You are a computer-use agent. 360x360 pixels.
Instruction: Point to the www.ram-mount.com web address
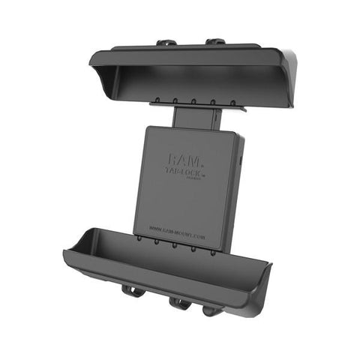[x=178, y=229]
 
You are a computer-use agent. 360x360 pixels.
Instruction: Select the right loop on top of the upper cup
[x=215, y=41]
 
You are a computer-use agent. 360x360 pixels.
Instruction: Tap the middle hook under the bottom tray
[x=179, y=304]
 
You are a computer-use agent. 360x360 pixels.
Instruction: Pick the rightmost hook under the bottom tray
[x=212, y=308]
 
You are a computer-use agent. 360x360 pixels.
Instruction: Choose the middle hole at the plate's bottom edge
[x=175, y=245]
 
